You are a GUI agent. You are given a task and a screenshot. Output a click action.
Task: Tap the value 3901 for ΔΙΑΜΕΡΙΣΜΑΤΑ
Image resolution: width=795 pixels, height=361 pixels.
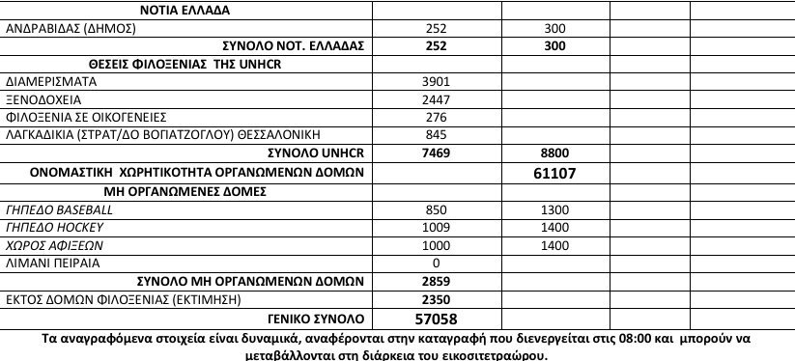click(438, 81)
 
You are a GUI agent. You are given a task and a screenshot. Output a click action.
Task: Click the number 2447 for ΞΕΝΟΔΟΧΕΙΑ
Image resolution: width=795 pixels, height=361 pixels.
click(438, 98)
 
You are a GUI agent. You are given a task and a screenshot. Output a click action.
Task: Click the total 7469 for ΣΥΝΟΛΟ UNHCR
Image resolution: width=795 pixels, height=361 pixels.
click(438, 152)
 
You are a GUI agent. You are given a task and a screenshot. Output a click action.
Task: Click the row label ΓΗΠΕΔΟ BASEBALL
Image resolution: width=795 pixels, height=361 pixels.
click(59, 209)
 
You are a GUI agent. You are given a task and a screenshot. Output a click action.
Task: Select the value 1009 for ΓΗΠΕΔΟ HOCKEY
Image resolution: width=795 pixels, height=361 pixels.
click(438, 227)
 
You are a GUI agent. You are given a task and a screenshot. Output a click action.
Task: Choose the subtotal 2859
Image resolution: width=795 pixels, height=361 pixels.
click(438, 280)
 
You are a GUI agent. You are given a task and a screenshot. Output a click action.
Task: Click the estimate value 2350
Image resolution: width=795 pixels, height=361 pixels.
click(438, 298)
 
